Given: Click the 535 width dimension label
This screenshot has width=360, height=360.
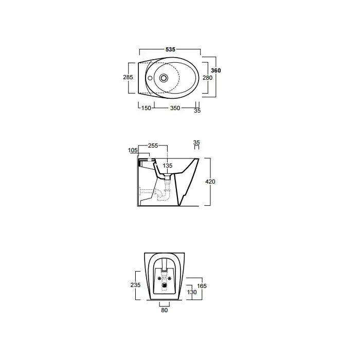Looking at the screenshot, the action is pyautogui.click(x=170, y=49).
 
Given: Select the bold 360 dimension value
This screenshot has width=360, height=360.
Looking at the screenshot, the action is pyautogui.click(x=216, y=70).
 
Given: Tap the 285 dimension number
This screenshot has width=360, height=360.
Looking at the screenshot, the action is pyautogui.click(x=128, y=77).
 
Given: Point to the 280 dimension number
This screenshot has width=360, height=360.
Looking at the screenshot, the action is pyautogui.click(x=207, y=78).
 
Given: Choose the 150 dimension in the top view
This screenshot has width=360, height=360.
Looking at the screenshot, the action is pyautogui.click(x=146, y=108).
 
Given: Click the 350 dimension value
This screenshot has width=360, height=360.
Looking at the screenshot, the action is pyautogui.click(x=175, y=108).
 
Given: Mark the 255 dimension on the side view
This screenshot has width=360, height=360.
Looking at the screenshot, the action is pyautogui.click(x=153, y=146).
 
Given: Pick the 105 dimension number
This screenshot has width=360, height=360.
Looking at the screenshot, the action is pyautogui.click(x=133, y=150).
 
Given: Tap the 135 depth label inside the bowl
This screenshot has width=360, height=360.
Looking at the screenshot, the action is pyautogui.click(x=167, y=166).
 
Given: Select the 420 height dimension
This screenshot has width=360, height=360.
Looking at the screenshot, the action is pyautogui.click(x=210, y=182).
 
